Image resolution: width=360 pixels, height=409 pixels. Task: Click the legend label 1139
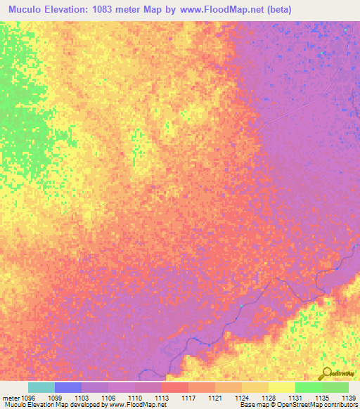349,397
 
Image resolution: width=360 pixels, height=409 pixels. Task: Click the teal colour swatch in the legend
41,387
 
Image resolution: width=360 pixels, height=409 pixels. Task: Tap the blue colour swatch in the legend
68,387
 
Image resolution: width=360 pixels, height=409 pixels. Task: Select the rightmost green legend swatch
335,387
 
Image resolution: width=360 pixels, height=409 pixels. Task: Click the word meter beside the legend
10,397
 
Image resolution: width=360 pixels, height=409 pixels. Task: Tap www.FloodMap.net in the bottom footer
139,405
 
